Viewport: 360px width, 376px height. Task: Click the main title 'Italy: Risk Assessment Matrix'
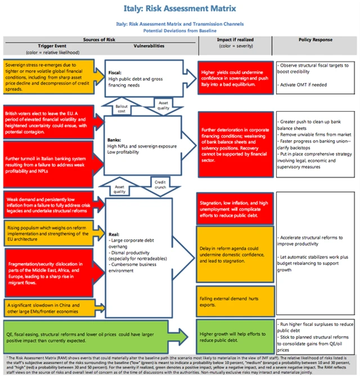180,8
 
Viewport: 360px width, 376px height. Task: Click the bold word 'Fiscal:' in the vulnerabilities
115,72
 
